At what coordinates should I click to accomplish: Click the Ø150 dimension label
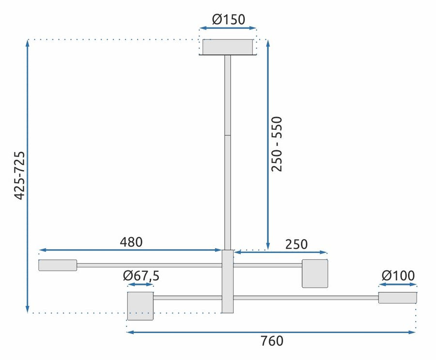click(x=229, y=19)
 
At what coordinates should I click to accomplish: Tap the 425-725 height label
click(x=19, y=175)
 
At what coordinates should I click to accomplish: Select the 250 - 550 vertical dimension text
click(x=277, y=144)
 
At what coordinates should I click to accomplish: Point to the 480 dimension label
click(x=131, y=242)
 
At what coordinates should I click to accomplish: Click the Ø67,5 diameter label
click(x=141, y=276)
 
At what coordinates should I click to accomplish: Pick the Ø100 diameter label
click(x=398, y=275)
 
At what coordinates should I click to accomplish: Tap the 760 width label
click(x=272, y=341)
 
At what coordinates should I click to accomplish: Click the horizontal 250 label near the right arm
click(x=296, y=244)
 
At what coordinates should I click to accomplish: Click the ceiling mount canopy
click(x=228, y=47)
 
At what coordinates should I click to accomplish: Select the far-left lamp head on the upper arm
click(x=58, y=265)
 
